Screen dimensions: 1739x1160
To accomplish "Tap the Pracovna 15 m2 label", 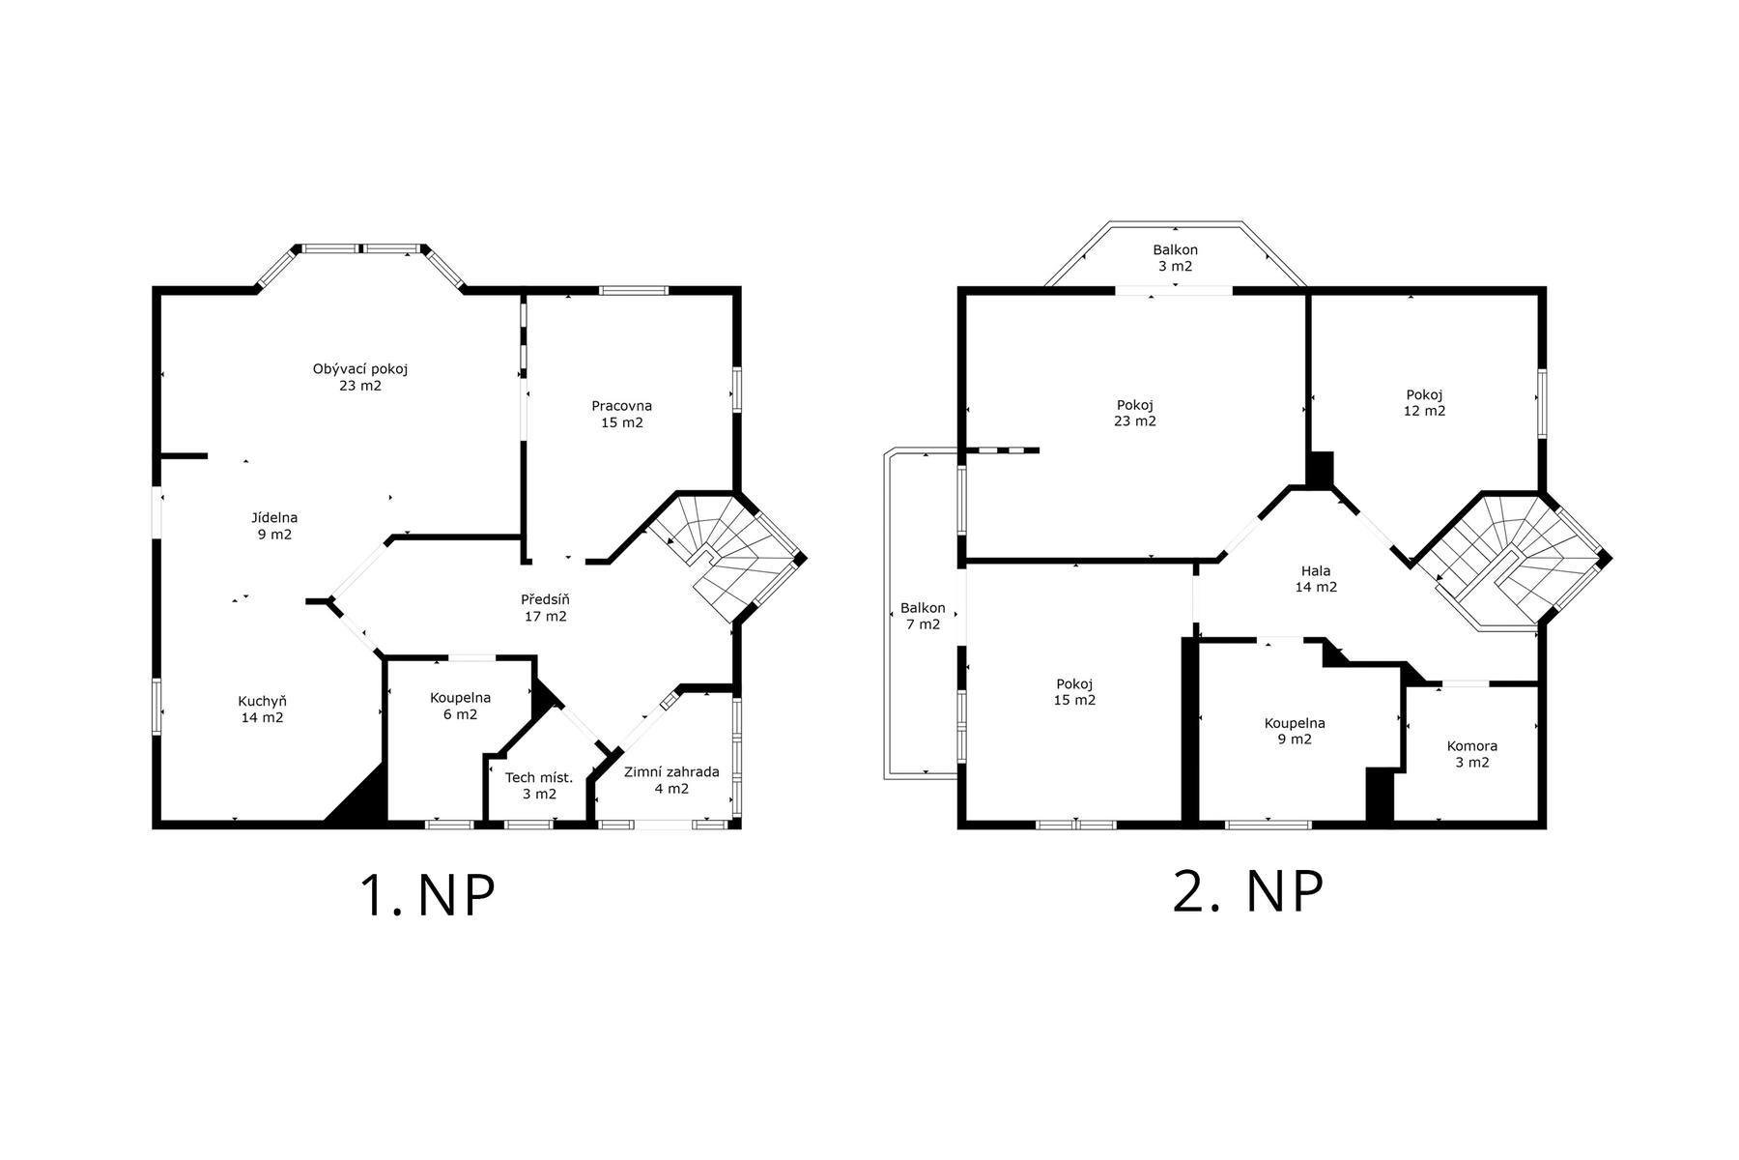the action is pyautogui.click(x=621, y=414).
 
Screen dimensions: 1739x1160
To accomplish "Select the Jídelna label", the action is pyautogui.click(x=274, y=518).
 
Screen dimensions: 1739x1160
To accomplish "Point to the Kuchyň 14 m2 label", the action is pyautogui.click(x=262, y=710).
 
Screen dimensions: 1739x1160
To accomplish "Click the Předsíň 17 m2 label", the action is pyautogui.click(x=545, y=608).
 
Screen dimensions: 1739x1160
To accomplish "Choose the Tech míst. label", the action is pyautogui.click(x=539, y=777).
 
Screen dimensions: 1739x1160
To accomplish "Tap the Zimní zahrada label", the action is pyautogui.click(x=671, y=771).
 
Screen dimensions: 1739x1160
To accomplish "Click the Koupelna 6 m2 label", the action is pyautogui.click(x=460, y=706).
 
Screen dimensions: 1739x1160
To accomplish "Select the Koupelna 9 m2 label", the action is pyautogui.click(x=1295, y=731).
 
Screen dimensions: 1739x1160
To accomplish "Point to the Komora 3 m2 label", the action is pyautogui.click(x=1471, y=754).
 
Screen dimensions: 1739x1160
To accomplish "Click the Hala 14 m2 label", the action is pyautogui.click(x=1316, y=578).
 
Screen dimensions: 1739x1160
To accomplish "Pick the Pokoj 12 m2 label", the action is pyautogui.click(x=1424, y=402).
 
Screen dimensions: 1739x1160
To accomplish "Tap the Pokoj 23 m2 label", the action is pyautogui.click(x=1134, y=413).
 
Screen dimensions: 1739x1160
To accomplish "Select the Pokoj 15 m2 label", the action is pyautogui.click(x=1074, y=692).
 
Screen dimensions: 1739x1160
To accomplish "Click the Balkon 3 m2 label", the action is pyautogui.click(x=1175, y=258).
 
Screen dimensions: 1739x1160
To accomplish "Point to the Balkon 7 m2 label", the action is pyautogui.click(x=923, y=616).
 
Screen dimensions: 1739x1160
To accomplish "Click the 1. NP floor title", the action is pyautogui.click(x=427, y=896).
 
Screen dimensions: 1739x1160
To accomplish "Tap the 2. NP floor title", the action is pyautogui.click(x=1247, y=892).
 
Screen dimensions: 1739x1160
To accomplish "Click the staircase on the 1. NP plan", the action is pyautogui.click(x=725, y=556).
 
